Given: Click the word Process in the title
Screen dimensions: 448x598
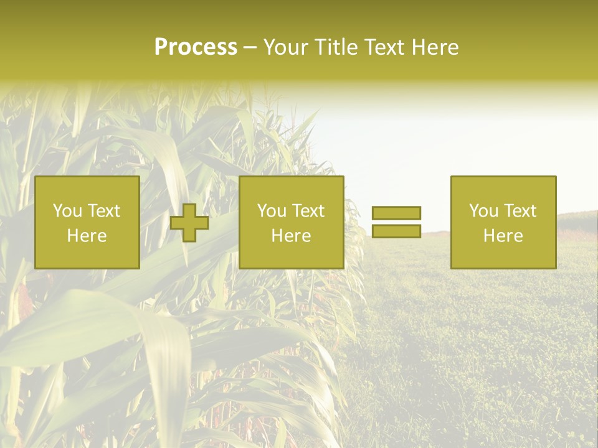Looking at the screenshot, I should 196,47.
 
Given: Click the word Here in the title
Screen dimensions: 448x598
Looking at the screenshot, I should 437,47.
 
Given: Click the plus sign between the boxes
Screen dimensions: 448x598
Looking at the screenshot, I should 190,223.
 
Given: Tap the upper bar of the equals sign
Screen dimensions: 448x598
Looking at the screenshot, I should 396,213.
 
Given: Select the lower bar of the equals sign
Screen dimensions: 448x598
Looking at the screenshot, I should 396,231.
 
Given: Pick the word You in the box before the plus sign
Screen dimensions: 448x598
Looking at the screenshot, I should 67,211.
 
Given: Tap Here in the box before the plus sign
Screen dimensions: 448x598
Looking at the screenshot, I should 87,236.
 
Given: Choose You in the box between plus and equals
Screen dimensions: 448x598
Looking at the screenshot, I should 272,211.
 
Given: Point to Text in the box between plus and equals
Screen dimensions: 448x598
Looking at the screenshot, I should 308,211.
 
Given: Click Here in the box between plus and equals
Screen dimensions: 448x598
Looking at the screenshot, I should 291,236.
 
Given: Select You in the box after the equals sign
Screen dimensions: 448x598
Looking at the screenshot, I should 483,211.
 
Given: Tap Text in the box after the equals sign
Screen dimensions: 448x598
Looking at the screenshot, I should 520,211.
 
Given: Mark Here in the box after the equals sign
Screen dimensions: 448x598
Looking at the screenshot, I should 503,236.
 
